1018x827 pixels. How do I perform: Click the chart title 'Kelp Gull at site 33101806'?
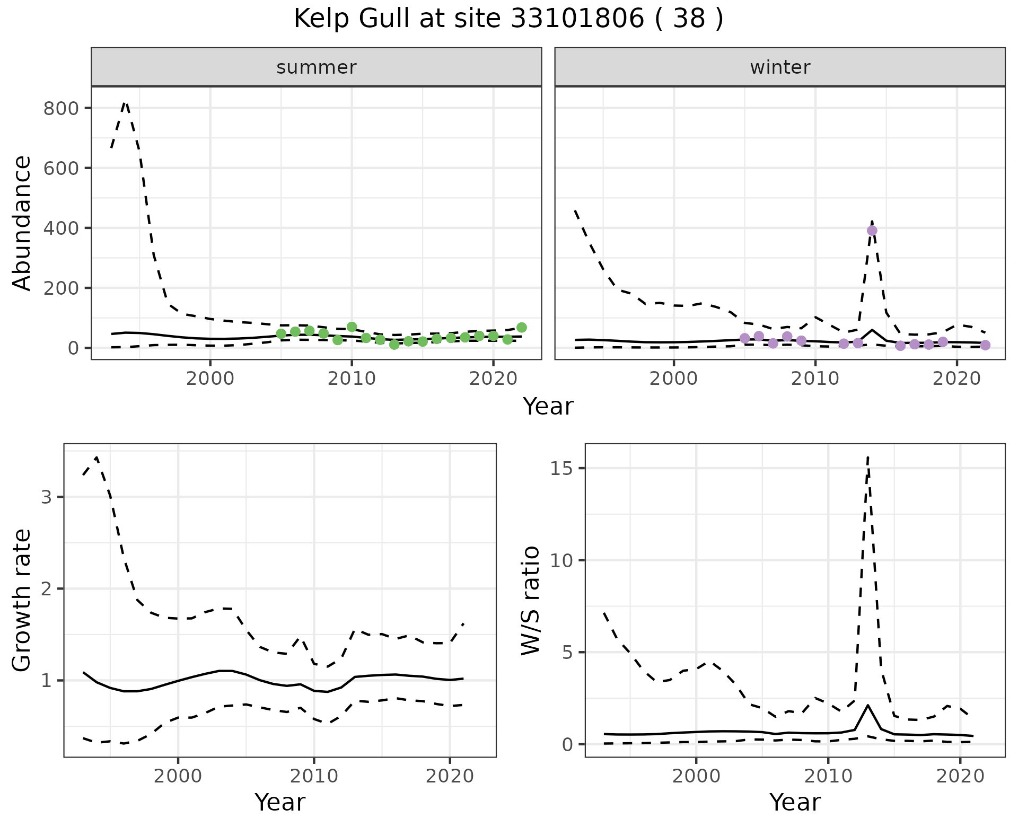(508, 19)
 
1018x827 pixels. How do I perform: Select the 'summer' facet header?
(316, 67)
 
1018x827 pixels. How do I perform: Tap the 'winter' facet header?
(779, 67)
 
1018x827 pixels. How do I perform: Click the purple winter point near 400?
(872, 231)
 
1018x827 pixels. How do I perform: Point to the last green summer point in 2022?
(522, 328)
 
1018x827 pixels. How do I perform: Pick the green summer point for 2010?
(352, 327)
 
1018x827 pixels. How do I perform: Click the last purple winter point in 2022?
(985, 345)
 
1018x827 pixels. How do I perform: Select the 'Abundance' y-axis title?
(22, 223)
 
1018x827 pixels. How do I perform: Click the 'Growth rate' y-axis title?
(22, 600)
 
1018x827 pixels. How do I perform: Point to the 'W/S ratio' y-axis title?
(530, 600)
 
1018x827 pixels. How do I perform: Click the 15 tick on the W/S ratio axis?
(563, 469)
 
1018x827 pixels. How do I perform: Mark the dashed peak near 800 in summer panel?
(125, 102)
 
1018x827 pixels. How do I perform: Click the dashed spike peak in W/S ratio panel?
(867, 457)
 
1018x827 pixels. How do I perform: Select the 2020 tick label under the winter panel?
(956, 379)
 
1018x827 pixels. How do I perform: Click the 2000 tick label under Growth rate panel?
(178, 777)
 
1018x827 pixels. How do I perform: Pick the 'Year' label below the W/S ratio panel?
(795, 802)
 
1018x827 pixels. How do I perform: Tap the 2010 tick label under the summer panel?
(352, 379)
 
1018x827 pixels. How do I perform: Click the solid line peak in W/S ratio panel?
(867, 705)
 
